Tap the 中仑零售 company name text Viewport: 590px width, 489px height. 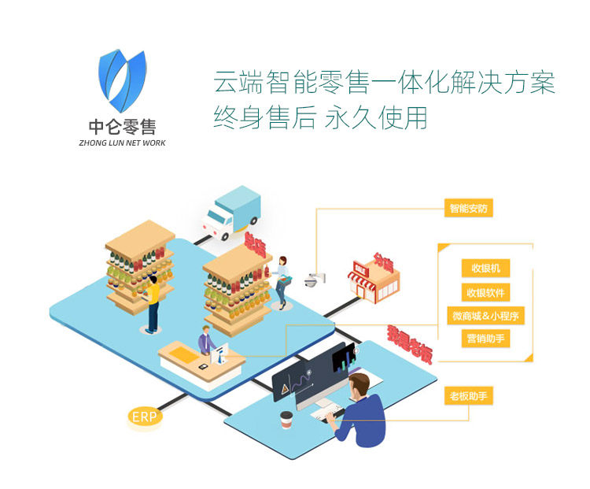[122, 127]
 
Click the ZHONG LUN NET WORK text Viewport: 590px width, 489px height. [122, 143]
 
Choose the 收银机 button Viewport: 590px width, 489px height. [485, 269]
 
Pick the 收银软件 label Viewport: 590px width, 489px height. [485, 292]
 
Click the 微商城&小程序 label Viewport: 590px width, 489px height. [485, 316]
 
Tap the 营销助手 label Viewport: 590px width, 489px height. [485, 339]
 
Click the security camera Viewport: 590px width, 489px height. [312, 279]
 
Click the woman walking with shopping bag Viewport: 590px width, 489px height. [281, 280]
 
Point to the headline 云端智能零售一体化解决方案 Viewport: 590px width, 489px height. [384, 83]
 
